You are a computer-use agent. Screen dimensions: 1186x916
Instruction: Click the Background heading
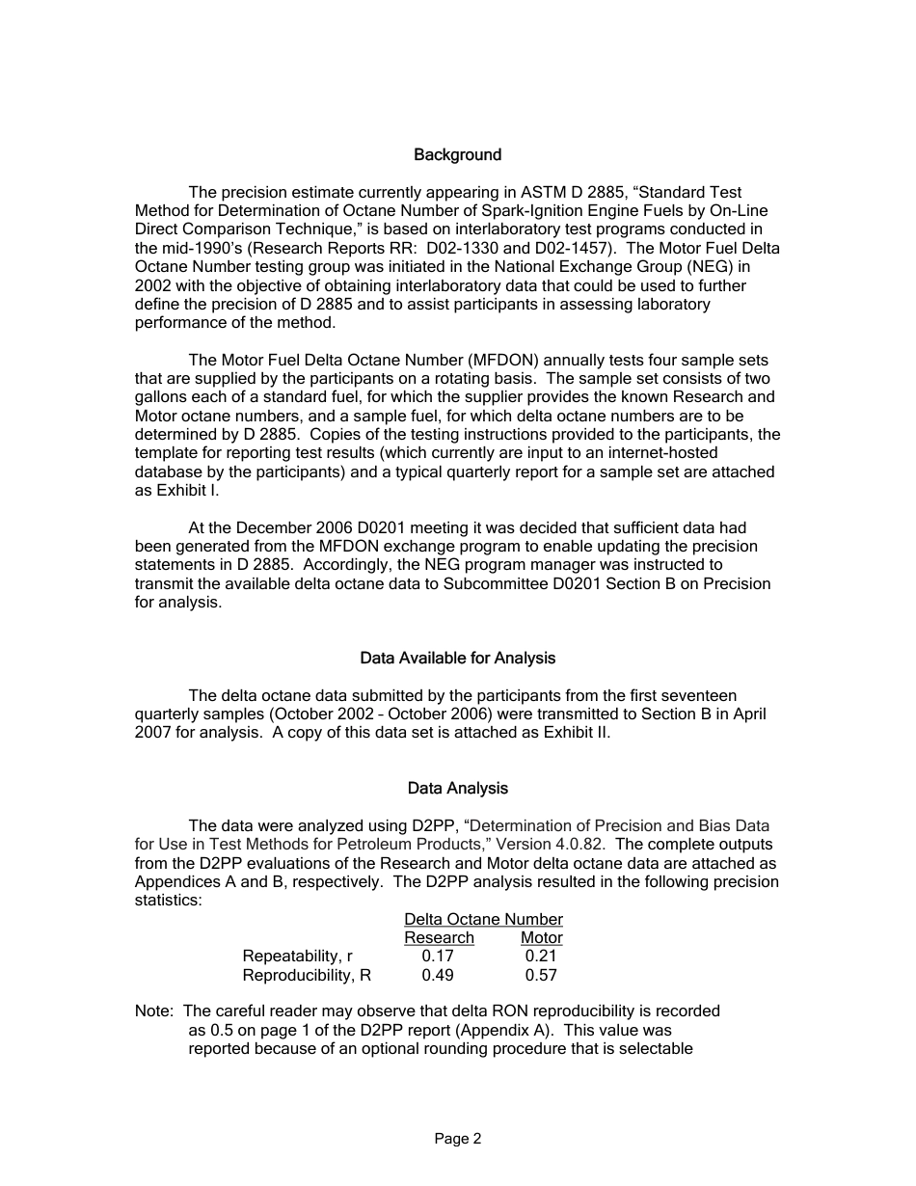point(457,155)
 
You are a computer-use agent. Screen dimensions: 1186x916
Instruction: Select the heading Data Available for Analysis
point(457,659)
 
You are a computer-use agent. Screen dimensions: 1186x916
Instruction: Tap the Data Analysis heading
point(457,789)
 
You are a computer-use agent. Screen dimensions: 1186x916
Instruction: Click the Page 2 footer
point(457,1139)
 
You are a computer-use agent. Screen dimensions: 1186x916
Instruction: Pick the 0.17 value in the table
point(438,957)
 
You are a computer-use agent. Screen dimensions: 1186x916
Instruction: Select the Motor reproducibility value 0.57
point(541,975)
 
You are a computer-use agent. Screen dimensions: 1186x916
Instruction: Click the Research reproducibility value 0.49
point(438,975)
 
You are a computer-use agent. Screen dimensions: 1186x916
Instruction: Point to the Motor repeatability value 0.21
point(541,957)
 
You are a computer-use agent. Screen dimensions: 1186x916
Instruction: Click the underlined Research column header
point(439,938)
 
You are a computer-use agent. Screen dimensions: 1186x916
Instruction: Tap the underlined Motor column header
point(541,938)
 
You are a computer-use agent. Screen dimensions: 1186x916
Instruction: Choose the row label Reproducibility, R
point(307,975)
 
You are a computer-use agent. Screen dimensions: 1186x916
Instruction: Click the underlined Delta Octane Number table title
point(483,920)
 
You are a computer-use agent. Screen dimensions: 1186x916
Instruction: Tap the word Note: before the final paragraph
point(155,1011)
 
